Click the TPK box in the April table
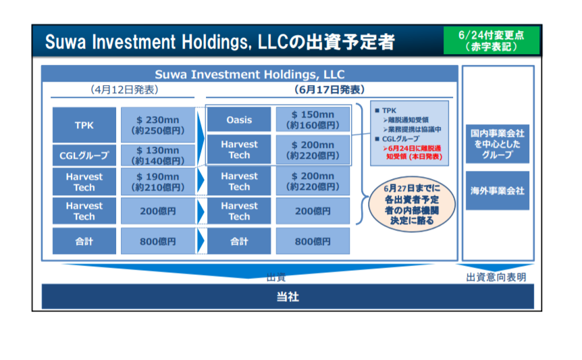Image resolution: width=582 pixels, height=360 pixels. (x=84, y=125)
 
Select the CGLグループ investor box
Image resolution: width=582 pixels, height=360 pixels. (x=84, y=155)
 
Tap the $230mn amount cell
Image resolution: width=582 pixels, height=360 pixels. (x=158, y=125)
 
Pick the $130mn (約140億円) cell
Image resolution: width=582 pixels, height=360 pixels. (x=158, y=155)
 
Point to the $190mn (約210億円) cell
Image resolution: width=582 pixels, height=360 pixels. (x=158, y=182)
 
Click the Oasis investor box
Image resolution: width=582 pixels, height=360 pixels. (x=239, y=120)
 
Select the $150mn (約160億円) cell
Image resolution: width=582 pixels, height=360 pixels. (x=313, y=120)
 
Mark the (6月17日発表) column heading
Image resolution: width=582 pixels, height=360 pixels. (x=329, y=89)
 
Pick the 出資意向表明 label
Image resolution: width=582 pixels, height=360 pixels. (x=496, y=277)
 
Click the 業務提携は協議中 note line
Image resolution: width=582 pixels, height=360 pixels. (x=415, y=129)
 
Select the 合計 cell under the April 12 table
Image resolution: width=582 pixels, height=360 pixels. (x=84, y=241)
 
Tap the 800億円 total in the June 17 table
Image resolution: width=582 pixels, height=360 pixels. (x=313, y=241)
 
